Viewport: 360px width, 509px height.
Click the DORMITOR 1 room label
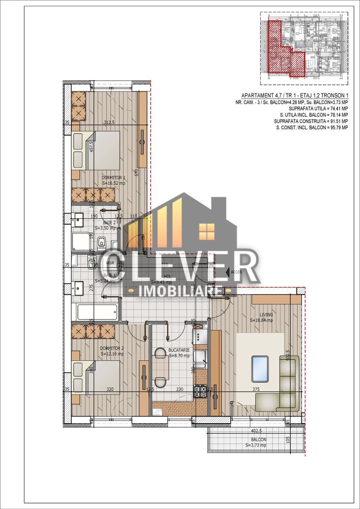(114, 177)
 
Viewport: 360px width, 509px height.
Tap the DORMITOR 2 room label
(111, 349)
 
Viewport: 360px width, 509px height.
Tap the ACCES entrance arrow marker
(229, 272)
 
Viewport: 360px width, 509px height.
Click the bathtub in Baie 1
(96, 312)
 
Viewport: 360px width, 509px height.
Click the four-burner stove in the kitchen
(200, 390)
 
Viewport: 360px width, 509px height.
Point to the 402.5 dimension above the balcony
(256, 431)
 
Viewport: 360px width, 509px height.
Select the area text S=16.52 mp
(114, 183)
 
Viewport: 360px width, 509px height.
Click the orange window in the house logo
(206, 230)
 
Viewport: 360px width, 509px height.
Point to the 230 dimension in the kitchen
(180, 389)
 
